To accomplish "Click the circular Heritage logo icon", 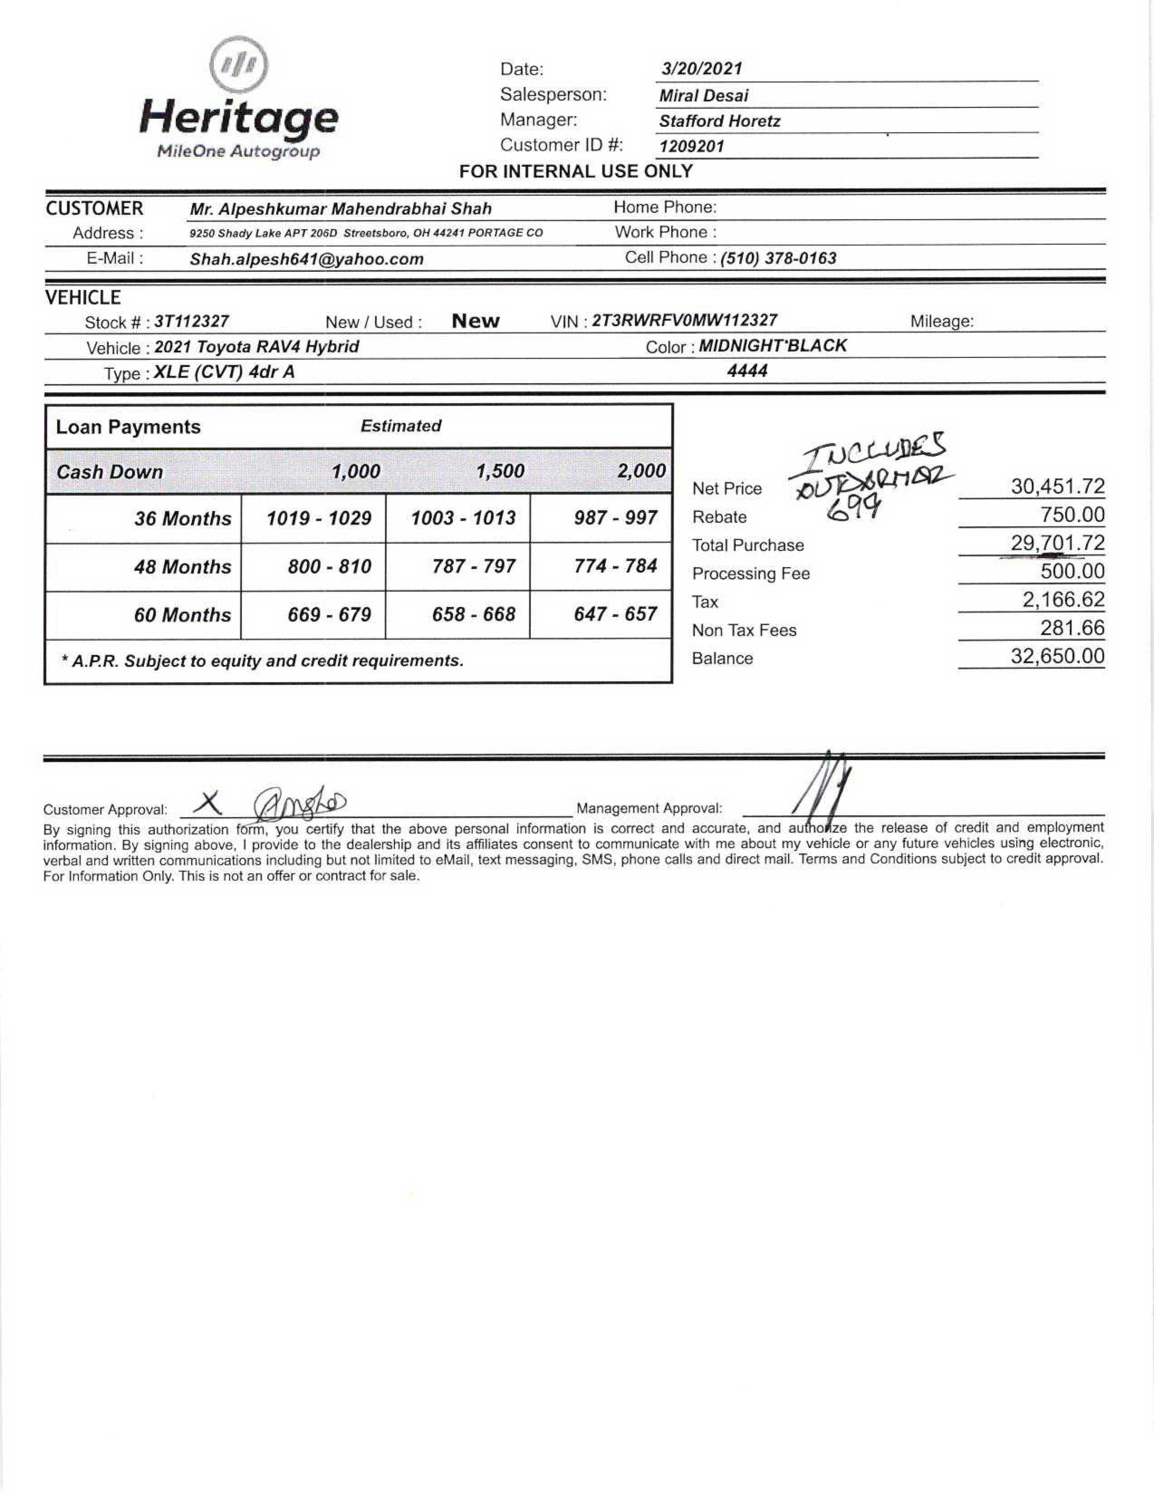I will [238, 65].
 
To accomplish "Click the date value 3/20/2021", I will [701, 68].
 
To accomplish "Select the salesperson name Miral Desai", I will [703, 95].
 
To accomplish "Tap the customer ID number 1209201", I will [691, 146].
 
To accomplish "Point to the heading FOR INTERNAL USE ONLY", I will [576, 171].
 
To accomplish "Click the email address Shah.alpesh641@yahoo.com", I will [307, 259].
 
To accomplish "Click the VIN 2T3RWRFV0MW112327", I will [684, 320].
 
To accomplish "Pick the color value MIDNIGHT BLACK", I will [772, 346].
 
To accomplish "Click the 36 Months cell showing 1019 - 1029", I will [319, 518].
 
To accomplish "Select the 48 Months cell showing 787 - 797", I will [473, 566].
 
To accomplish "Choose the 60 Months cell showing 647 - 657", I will [615, 614].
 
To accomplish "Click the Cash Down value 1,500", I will [500, 471].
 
